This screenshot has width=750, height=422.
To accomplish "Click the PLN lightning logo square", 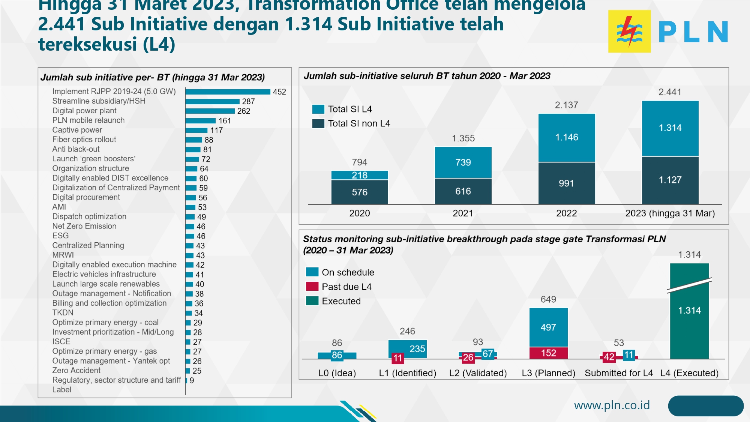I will point(629,31).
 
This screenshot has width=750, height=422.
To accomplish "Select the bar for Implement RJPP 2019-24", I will point(228,92).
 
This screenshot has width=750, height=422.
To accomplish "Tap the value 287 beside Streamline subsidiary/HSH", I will point(248,102).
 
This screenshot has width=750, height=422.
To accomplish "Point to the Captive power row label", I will point(77,130).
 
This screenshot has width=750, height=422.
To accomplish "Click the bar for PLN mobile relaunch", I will point(201,121).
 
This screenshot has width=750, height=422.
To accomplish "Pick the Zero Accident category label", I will point(76,371).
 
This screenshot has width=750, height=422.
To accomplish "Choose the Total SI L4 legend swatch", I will point(318,109).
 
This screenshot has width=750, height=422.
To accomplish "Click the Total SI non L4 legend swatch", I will point(318,123).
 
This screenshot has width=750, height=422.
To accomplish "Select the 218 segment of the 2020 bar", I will point(359,175).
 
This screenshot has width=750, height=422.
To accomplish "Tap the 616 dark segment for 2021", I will point(463,191).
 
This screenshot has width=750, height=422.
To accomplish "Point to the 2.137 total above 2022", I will point(566,105).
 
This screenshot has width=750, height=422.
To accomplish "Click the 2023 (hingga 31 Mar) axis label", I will point(670,213).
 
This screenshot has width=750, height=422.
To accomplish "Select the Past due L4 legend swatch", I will point(312,287).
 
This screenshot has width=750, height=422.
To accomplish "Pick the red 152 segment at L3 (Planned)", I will point(548,353).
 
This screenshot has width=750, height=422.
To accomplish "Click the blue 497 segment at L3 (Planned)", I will point(548,327).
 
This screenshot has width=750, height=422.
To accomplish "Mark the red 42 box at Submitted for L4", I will point(609,357).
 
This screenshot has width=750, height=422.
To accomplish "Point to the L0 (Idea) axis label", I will point(337,373).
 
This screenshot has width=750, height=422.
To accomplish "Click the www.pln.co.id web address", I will point(612,405).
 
